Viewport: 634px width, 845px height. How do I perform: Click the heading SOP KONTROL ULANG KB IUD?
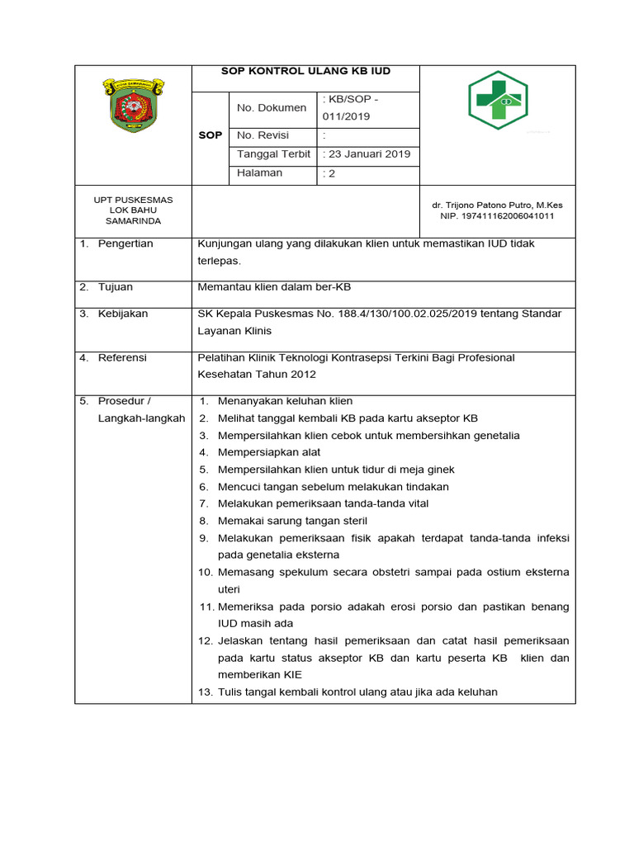point(305,72)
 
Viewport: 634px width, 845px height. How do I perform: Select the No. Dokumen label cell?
point(272,108)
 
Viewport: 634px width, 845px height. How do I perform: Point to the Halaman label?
point(260,173)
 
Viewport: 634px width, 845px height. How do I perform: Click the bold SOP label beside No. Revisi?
point(211,135)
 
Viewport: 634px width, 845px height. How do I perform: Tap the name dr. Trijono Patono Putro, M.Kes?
point(497,205)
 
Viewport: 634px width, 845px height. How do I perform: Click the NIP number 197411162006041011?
point(497,216)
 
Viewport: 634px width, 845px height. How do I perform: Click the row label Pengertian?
point(125,244)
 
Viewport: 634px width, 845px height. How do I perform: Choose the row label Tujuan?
point(116,287)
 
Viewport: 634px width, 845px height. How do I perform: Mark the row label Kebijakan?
point(123,314)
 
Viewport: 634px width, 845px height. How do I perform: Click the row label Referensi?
point(122,358)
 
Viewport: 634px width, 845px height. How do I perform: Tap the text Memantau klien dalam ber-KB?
point(274,287)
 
